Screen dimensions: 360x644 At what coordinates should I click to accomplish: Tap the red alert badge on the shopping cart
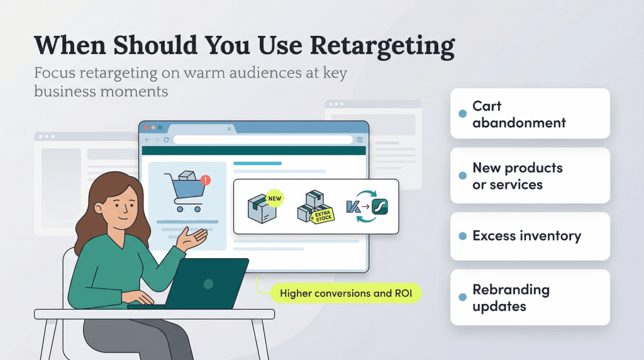206,180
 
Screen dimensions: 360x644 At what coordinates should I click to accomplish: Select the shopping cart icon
183,193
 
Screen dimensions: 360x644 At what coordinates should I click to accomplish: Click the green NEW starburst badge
274,197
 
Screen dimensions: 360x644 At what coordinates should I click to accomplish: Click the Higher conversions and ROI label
345,293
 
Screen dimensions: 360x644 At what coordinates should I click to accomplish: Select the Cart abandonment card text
519,114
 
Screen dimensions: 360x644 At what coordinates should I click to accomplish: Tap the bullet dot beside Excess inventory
462,236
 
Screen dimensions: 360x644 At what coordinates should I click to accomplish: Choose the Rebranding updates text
511,298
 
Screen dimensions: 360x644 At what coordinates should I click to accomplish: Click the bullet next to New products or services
462,176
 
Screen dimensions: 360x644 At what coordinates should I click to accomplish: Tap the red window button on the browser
146,128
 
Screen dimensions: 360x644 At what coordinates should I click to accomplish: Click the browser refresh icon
167,140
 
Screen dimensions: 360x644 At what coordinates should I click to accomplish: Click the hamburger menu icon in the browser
360,140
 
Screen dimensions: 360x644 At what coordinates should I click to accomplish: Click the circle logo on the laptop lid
208,284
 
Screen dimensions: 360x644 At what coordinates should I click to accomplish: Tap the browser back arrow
148,140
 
